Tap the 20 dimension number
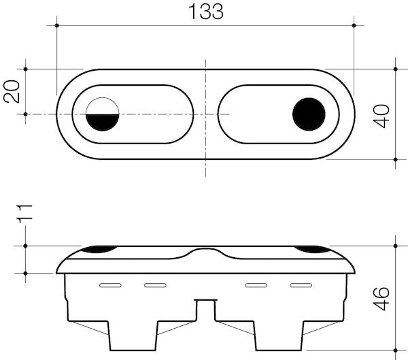click(x=12, y=91)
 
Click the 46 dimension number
click(x=384, y=297)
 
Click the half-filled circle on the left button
click(x=103, y=114)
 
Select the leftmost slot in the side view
click(x=109, y=284)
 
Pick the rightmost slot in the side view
click(x=300, y=284)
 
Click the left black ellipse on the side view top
click(x=98, y=250)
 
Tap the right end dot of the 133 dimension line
click(x=353, y=26)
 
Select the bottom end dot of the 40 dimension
click(x=396, y=159)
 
